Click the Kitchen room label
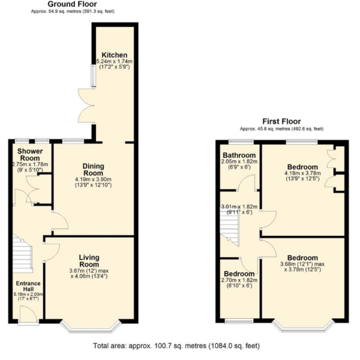(115, 55)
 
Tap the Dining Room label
(93, 169)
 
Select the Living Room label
(89, 261)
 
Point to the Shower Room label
(30, 155)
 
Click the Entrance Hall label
(28, 286)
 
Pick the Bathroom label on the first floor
(239, 155)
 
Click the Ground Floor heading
(73, 4)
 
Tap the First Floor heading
(281, 121)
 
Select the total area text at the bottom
(176, 346)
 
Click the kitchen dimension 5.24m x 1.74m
(115, 62)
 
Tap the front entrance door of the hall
(28, 315)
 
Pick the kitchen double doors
(87, 106)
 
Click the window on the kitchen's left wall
(93, 76)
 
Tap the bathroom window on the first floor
(241, 142)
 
